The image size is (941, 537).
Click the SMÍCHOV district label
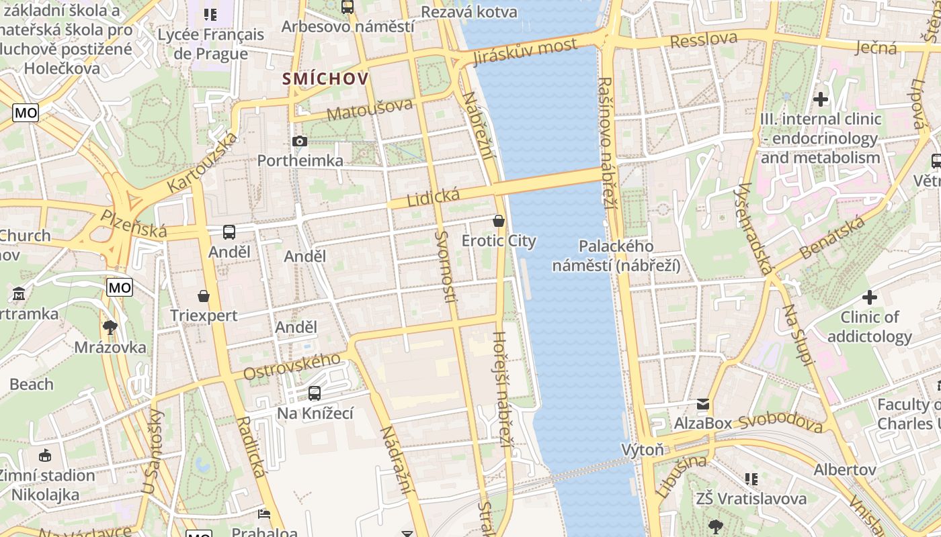[325, 79]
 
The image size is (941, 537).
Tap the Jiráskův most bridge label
[525, 52]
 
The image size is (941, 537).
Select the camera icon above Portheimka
[300, 141]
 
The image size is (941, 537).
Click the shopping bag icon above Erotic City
[499, 220]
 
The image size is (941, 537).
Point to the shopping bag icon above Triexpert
[204, 295]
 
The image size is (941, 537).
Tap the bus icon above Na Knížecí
[315, 393]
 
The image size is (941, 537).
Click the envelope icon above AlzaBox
[702, 403]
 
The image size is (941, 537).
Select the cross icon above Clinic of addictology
[870, 297]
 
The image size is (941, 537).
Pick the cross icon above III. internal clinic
[820, 99]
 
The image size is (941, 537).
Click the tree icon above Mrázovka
[110, 328]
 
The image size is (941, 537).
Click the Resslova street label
[704, 40]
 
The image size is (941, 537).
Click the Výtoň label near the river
[643, 450]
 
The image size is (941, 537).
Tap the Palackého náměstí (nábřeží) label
[616, 256]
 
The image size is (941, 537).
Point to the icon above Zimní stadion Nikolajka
[45, 455]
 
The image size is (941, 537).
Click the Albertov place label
[845, 469]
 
